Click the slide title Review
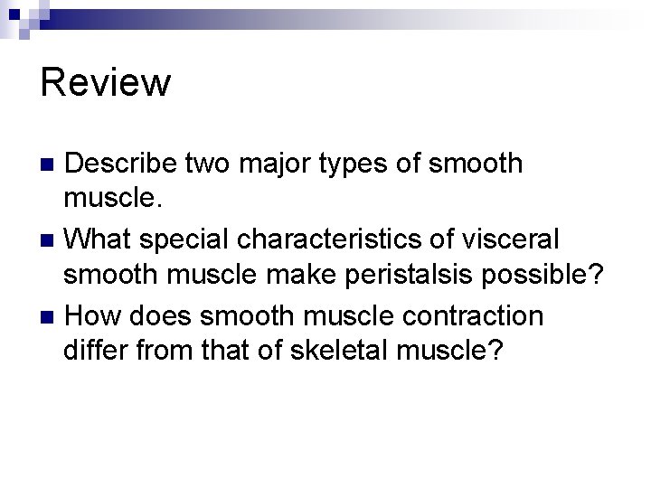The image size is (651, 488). pyautogui.click(x=105, y=83)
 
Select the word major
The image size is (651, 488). pyautogui.click(x=270, y=164)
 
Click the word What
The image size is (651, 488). pyautogui.click(x=99, y=239)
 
